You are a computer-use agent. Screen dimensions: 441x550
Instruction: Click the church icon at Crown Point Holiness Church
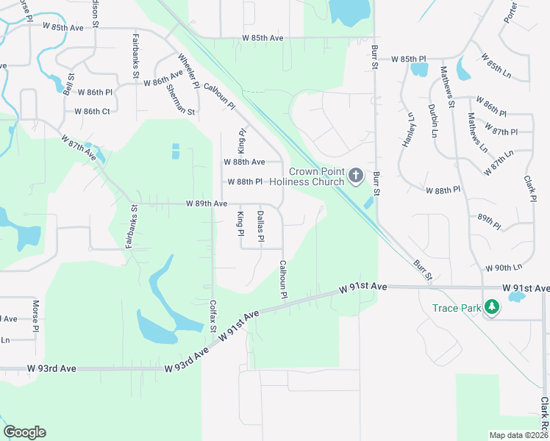[x=356, y=175]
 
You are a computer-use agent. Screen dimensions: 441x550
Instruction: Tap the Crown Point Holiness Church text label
[x=307, y=176]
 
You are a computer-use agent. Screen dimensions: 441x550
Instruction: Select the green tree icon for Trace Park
[x=492, y=308]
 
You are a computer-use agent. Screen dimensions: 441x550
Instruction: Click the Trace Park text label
[x=457, y=308]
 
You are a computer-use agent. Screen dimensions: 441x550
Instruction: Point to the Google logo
[x=24, y=432]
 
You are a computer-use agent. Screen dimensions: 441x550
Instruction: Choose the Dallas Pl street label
[x=260, y=226]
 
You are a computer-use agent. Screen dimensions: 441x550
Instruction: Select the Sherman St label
[x=180, y=101]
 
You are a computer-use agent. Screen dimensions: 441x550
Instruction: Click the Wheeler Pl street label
[x=189, y=71]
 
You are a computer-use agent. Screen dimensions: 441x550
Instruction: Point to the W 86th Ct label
[x=92, y=112]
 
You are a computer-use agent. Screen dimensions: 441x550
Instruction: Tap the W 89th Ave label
[x=206, y=203]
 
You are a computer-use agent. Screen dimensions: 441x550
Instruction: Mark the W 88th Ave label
[x=243, y=162]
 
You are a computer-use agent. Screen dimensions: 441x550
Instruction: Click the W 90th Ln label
[x=503, y=267]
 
